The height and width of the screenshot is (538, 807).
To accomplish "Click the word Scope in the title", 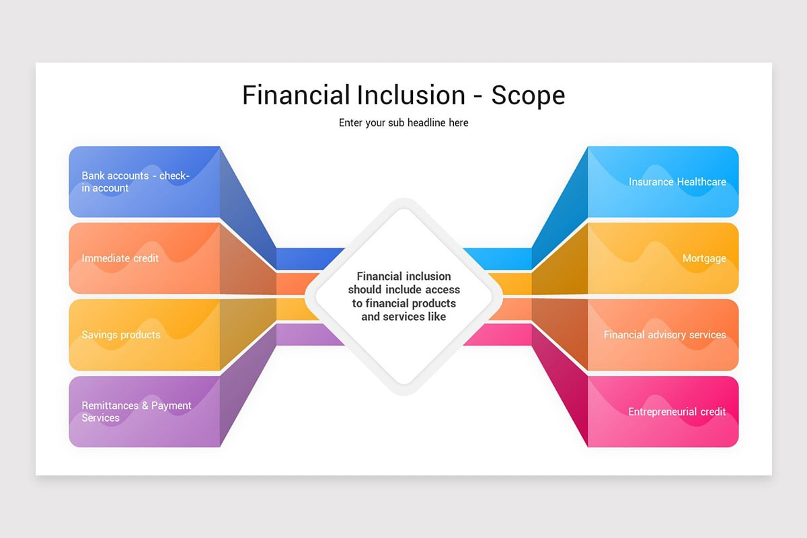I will (x=528, y=95).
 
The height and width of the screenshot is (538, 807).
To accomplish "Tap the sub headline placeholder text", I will (x=403, y=123).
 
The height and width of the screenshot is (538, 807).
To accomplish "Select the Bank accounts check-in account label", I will (x=135, y=182).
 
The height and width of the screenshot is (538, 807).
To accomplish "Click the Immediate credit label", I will (x=120, y=258).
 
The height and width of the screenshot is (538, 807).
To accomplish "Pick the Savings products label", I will (x=121, y=335).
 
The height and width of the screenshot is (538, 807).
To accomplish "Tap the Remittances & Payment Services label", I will (x=137, y=412).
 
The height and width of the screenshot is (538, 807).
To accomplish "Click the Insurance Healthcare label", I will (x=677, y=182).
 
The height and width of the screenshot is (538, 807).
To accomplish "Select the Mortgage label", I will (x=704, y=258).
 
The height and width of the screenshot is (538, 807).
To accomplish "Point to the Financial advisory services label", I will (x=664, y=335).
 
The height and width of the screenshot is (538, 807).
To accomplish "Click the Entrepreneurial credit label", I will (x=677, y=412).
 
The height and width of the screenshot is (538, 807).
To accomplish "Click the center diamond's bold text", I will (x=403, y=297).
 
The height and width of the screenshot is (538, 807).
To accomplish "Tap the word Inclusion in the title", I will (x=411, y=95).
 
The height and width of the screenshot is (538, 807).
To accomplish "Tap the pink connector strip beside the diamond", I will (x=498, y=335).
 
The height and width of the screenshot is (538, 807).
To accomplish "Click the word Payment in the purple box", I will (x=171, y=406).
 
